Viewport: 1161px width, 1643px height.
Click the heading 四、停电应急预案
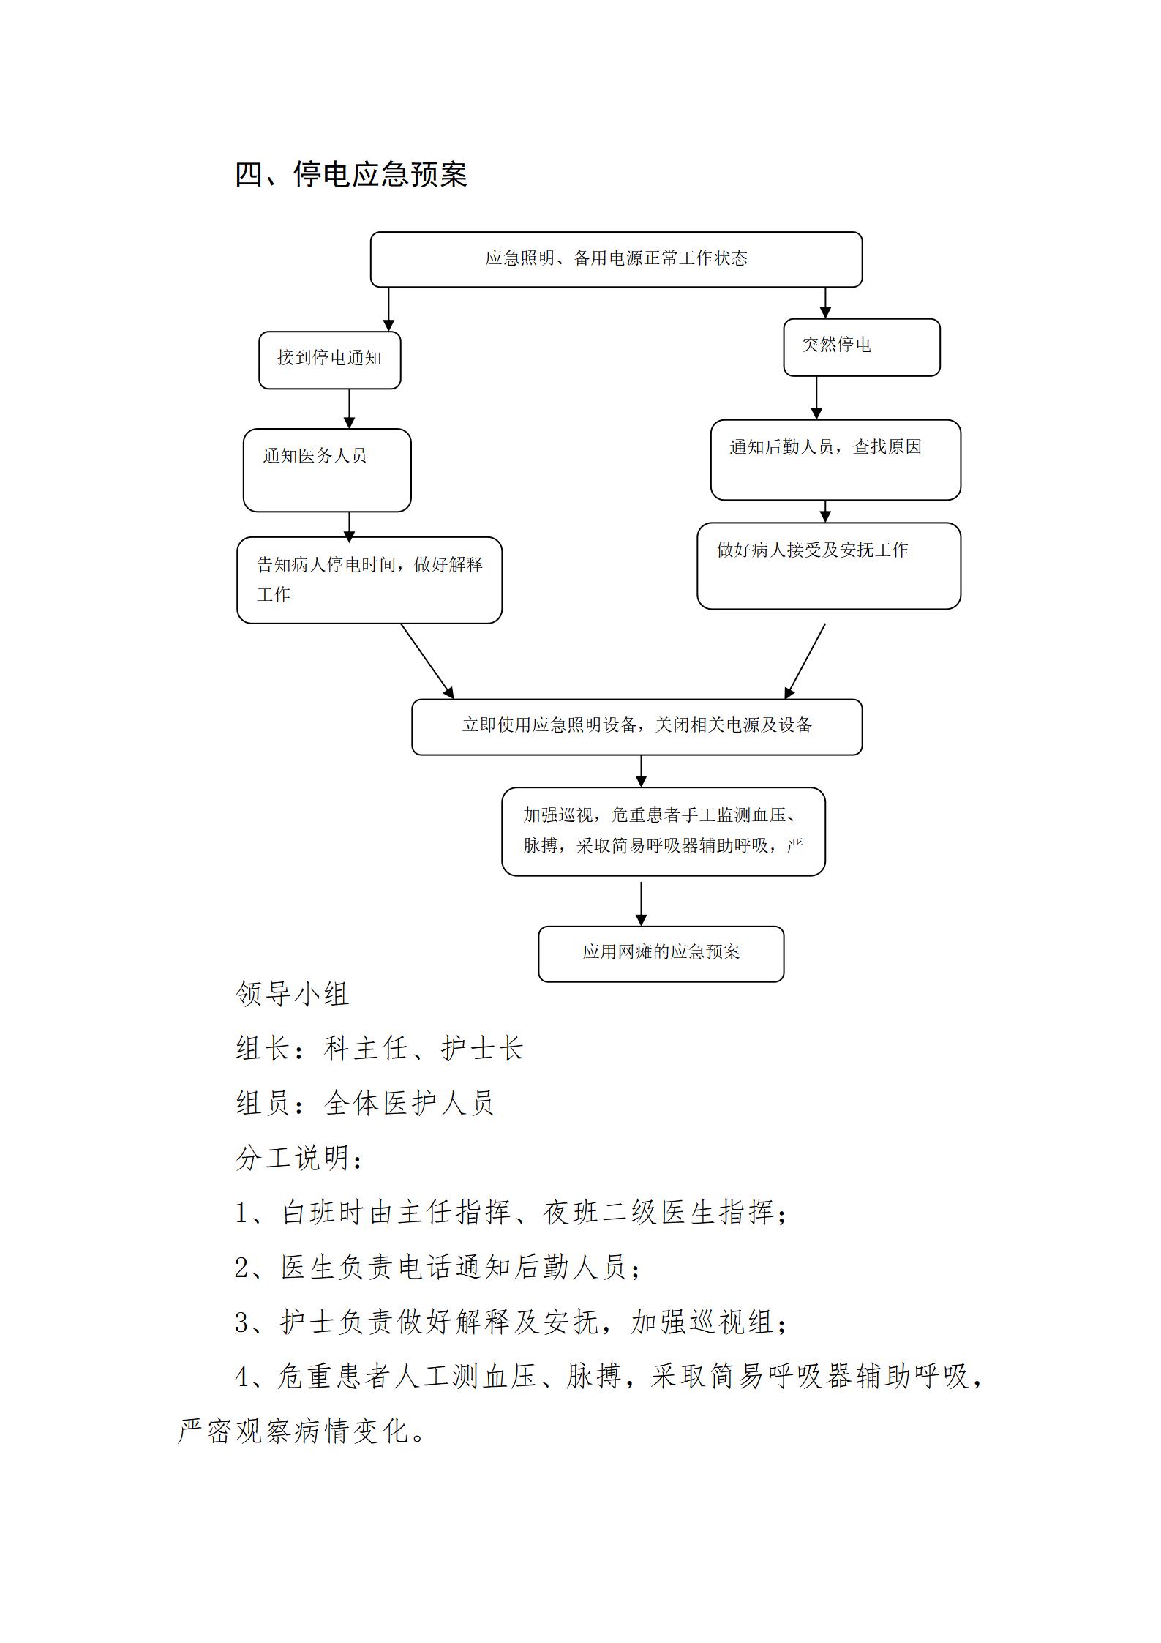(x=350, y=175)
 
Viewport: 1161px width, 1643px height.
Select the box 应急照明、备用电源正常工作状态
(x=616, y=259)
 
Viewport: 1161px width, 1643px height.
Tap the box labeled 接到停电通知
(x=329, y=360)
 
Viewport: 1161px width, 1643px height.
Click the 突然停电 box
(x=862, y=348)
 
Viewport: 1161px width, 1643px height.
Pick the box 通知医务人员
(x=327, y=470)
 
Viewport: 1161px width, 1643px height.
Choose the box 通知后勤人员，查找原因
(x=835, y=460)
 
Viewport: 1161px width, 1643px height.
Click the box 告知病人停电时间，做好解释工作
(x=369, y=580)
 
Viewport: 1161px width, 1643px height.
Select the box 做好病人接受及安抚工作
(x=829, y=566)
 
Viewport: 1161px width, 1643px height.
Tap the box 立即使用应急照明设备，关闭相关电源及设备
(x=637, y=727)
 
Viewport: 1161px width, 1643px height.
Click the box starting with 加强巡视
(x=664, y=831)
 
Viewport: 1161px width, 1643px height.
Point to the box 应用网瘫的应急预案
(x=661, y=954)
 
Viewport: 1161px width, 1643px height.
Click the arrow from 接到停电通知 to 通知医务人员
(x=349, y=408)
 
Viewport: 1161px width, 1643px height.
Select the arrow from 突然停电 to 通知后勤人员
(x=816, y=398)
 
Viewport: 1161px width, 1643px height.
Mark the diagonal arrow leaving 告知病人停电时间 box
(x=427, y=661)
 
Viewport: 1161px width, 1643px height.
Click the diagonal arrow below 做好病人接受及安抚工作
(x=805, y=661)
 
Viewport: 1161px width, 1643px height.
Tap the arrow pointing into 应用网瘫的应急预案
(x=641, y=904)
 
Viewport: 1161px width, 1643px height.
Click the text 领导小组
(x=293, y=994)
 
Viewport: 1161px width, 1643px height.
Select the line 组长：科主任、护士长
(x=380, y=1048)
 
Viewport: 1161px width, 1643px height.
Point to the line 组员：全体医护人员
(x=366, y=1103)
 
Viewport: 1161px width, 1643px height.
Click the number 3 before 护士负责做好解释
(x=242, y=1322)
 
